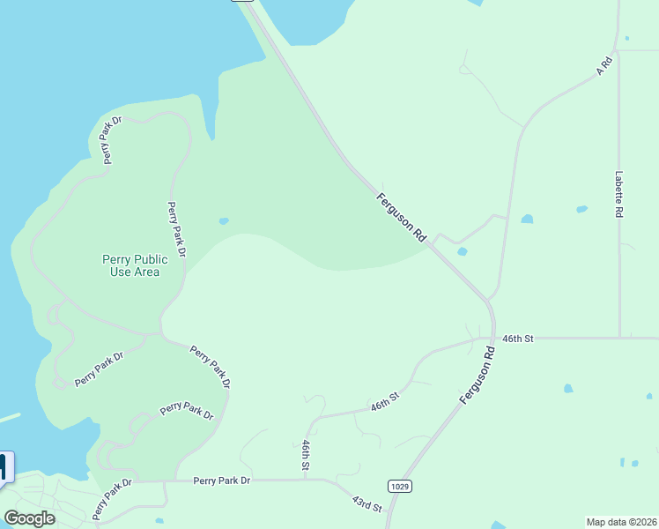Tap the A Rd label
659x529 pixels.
[604, 65]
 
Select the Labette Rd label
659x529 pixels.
[619, 194]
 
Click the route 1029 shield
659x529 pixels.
[398, 486]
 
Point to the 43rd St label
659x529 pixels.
[367, 503]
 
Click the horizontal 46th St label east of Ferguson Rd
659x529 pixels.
[519, 338]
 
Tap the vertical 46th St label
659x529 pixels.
[306, 455]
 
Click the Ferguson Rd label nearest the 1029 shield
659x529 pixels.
[478, 375]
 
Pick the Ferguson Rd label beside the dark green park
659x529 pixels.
[402, 217]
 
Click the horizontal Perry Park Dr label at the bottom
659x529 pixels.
[222, 481]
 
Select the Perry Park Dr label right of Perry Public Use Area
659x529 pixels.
[176, 229]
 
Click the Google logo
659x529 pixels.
[29, 518]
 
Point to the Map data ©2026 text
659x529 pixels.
[622, 522]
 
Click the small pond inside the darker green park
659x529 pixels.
[224, 221]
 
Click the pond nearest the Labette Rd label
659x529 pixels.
[581, 209]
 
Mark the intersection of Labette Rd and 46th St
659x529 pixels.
[619, 337]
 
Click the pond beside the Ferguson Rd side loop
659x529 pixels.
[463, 251]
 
